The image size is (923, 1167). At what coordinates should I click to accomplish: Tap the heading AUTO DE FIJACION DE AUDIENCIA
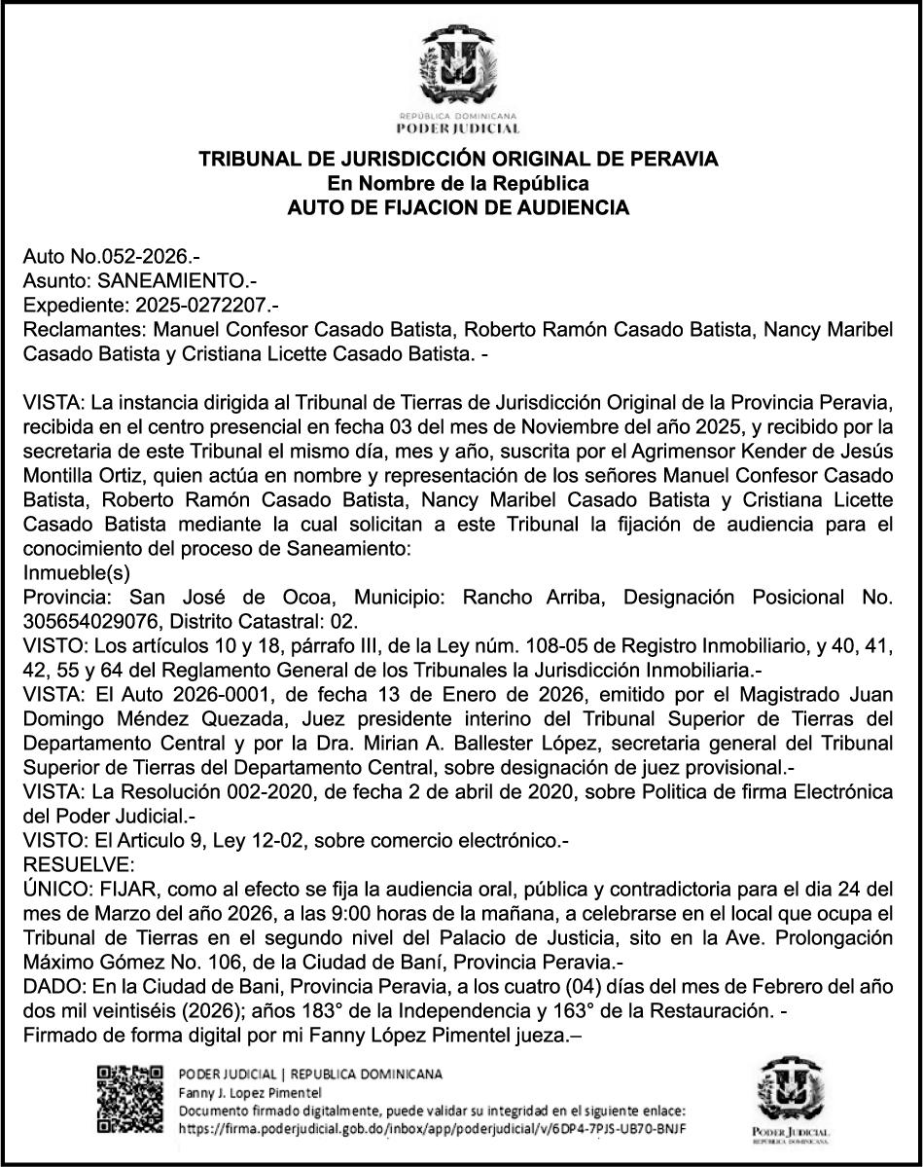click(460, 207)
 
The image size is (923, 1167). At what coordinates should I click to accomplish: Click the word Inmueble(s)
click(76, 572)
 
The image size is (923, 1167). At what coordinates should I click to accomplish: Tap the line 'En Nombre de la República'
click(460, 183)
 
